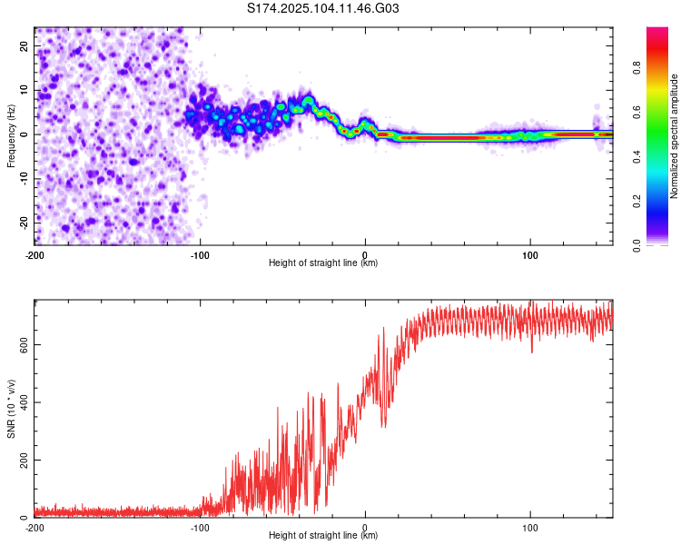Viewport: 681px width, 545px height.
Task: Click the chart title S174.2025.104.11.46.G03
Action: point(322,8)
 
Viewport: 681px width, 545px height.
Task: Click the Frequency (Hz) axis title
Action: point(11,136)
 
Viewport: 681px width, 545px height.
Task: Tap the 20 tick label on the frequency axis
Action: point(24,45)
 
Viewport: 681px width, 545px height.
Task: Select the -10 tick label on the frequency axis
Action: point(24,178)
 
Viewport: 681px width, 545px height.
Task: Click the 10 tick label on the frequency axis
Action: point(24,90)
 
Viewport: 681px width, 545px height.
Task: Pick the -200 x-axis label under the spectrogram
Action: point(35,255)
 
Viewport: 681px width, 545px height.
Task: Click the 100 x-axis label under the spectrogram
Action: point(530,255)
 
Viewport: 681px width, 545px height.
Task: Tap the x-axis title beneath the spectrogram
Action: point(323,263)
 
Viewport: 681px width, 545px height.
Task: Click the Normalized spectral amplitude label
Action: point(674,136)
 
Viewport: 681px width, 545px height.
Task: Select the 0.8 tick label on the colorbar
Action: point(637,68)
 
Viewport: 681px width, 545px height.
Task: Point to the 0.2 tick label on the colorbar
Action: point(637,201)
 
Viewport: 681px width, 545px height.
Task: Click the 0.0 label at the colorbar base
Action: point(637,246)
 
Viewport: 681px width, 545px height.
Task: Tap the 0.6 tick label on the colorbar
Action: point(637,113)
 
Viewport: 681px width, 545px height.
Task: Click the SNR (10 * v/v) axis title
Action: point(11,409)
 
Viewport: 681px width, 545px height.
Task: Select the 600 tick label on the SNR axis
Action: point(24,344)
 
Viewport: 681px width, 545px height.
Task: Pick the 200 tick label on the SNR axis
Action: point(24,460)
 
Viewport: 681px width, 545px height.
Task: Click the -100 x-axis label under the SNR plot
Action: point(200,528)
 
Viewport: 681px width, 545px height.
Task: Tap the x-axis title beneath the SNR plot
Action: point(323,535)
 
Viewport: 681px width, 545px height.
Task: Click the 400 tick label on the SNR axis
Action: point(24,402)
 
